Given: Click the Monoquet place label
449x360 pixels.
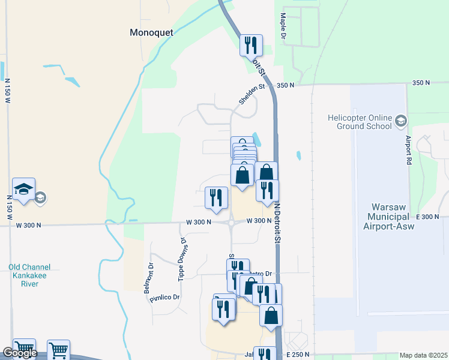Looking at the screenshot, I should point(151,33).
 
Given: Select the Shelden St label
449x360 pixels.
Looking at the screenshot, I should point(252,94).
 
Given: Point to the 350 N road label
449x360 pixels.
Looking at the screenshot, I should point(285,85).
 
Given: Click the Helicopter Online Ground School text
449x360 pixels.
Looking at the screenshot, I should point(360,122).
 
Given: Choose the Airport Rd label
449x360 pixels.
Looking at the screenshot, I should point(408,150).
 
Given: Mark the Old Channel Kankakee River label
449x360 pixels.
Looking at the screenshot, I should point(29,275).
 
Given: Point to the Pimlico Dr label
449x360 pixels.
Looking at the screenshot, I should point(165,298).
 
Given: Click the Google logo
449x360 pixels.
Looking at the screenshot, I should point(20,353).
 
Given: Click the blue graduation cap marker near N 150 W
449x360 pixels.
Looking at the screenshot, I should point(24,189).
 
